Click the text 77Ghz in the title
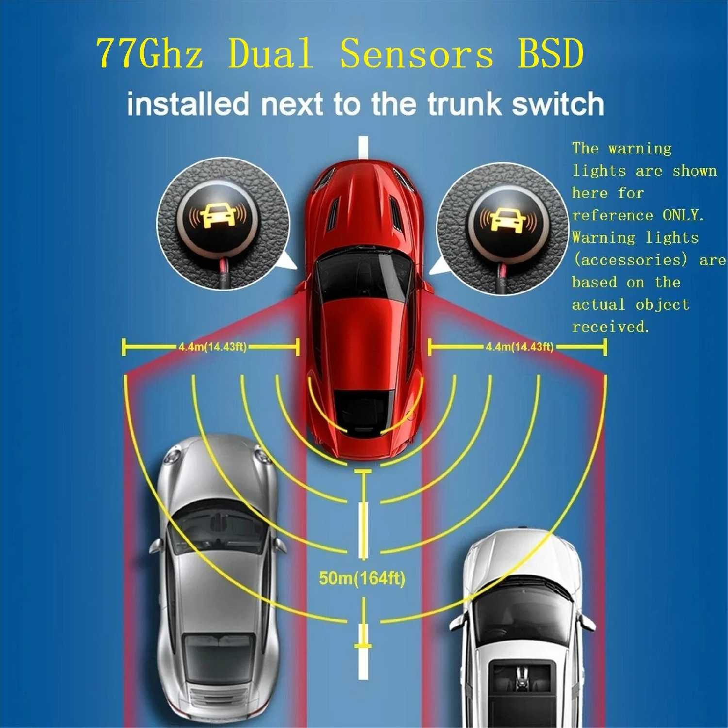pos(149,53)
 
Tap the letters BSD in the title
pos(550,53)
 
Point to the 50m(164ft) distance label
pos(362,578)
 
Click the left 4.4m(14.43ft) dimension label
pos(213,347)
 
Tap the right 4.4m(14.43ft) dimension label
pos(519,347)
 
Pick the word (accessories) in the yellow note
pos(630,260)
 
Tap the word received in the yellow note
pos(610,327)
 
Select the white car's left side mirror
pos(457,621)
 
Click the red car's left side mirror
pos(300,289)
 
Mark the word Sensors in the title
pos(416,53)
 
